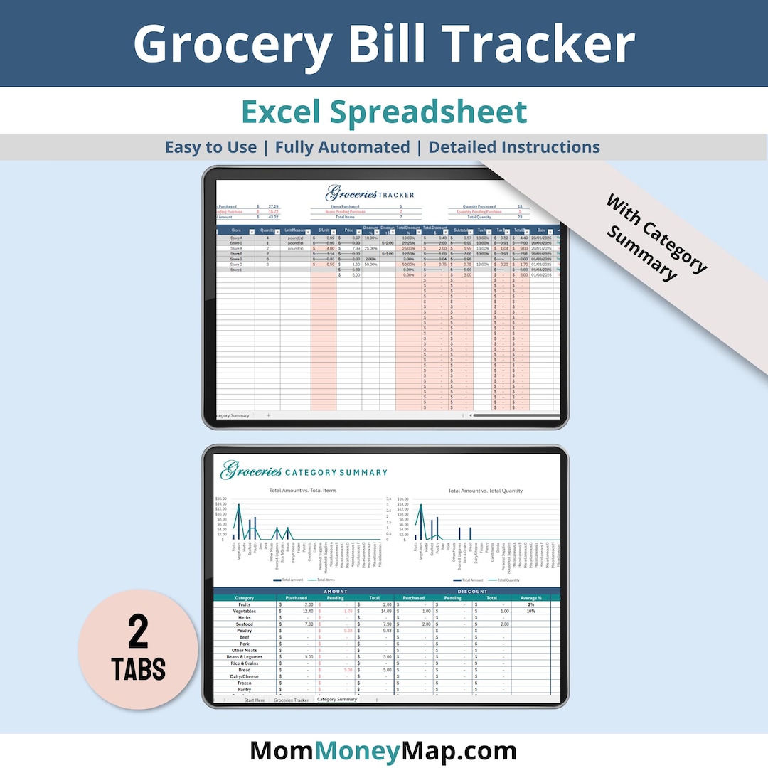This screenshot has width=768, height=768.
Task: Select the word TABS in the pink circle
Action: pyautogui.click(x=138, y=669)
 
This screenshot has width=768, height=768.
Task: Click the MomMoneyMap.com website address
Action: pyautogui.click(x=383, y=751)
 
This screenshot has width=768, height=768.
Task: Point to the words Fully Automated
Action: pyautogui.click(x=342, y=147)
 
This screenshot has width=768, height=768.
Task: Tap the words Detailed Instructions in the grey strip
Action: pyautogui.click(x=514, y=147)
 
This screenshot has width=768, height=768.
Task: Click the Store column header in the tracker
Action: pyautogui.click(x=236, y=230)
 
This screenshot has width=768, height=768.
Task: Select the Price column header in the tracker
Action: pyautogui.click(x=348, y=230)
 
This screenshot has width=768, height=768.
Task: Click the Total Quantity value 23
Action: pyautogui.click(x=520, y=217)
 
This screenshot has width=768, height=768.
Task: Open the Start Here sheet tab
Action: pyautogui.click(x=254, y=700)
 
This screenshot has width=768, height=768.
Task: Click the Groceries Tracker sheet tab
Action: pyautogui.click(x=292, y=700)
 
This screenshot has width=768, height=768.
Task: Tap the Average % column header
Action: pyautogui.click(x=530, y=598)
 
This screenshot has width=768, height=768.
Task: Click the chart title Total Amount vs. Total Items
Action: pyautogui.click(x=303, y=490)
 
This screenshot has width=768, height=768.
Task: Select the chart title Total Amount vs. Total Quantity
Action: pyautogui.click(x=486, y=490)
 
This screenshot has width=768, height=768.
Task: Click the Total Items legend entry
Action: pyautogui.click(x=325, y=580)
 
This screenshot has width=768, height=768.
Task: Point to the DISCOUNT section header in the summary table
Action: pyautogui.click(x=473, y=591)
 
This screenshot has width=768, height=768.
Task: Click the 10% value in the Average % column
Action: pyautogui.click(x=530, y=611)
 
